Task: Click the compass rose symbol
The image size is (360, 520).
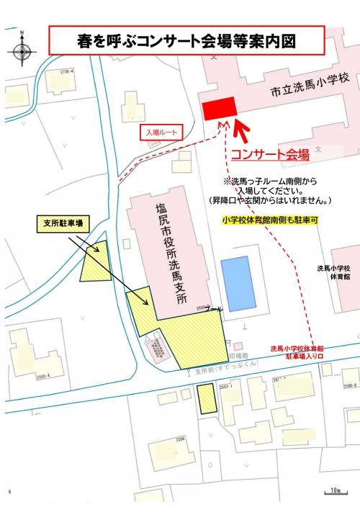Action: [22, 50]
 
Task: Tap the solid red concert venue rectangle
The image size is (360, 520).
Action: [220, 108]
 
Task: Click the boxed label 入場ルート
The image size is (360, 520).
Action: [160, 133]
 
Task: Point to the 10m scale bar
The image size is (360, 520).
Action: [333, 492]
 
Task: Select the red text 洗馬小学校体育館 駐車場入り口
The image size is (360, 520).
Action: [297, 352]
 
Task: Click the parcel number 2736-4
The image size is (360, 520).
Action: [67, 71]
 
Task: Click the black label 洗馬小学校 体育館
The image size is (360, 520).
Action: [335, 272]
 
